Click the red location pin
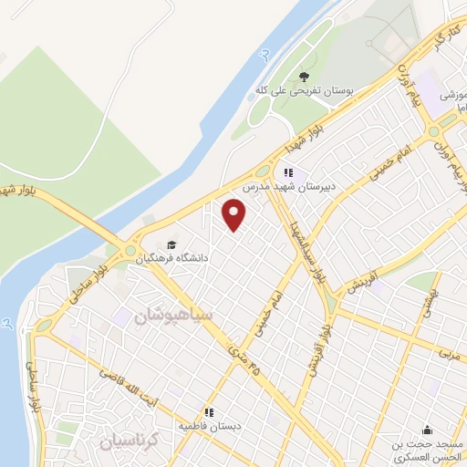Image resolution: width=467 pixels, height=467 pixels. coord(234,215)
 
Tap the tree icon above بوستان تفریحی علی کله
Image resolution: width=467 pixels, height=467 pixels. coord(304,77)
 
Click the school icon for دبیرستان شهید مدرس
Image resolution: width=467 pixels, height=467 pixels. coord(289,172)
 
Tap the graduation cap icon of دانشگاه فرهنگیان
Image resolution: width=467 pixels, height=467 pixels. coord(171,244)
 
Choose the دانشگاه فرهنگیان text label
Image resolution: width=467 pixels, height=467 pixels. coord(172,258)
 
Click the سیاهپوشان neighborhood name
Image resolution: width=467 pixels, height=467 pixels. coord(173,316)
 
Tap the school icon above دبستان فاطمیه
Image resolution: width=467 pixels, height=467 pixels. coord(209,412)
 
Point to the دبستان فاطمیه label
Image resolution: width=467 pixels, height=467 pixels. coord(210,426)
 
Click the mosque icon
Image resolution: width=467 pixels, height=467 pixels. coord(427,431)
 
